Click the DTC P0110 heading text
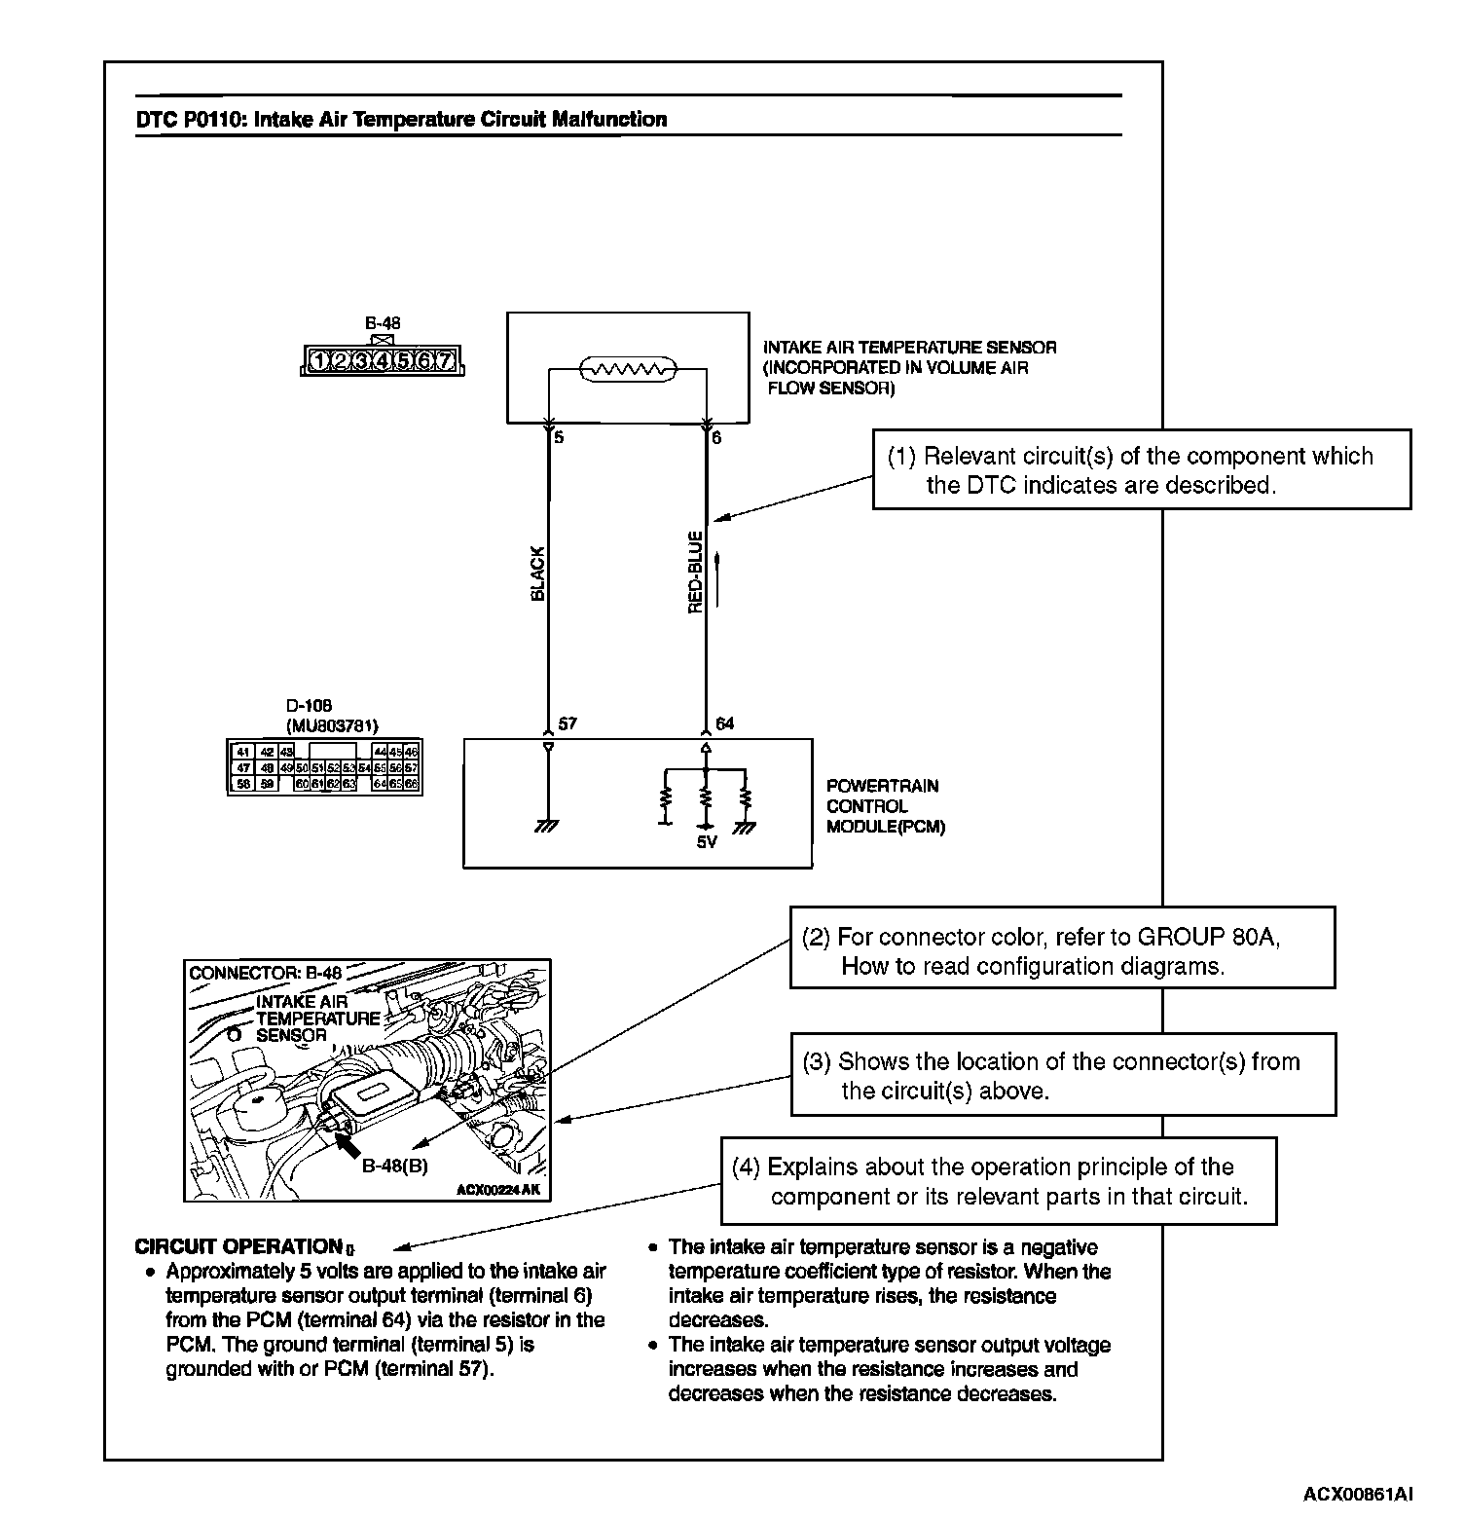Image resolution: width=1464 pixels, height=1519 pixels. [401, 120]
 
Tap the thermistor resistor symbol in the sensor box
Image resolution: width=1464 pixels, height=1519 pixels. [628, 369]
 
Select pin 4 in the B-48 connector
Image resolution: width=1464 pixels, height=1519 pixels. [382, 362]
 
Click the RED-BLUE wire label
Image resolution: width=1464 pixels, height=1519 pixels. [695, 573]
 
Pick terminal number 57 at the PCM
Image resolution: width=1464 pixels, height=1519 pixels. [567, 724]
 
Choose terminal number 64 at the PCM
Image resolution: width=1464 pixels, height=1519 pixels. [725, 724]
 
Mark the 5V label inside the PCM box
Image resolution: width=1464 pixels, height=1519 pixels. [707, 842]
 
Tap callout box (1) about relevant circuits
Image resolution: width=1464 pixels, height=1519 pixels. [1141, 470]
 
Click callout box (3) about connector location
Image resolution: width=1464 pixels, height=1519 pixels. [1062, 1076]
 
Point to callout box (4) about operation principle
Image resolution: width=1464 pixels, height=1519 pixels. [998, 1181]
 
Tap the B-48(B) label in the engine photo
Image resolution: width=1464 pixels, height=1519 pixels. [394, 1166]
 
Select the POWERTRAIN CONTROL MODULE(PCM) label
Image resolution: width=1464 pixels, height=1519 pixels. [885, 806]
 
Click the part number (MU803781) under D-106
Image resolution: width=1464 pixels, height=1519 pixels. [332, 725]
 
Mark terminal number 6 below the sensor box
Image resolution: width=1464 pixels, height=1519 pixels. [717, 438]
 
